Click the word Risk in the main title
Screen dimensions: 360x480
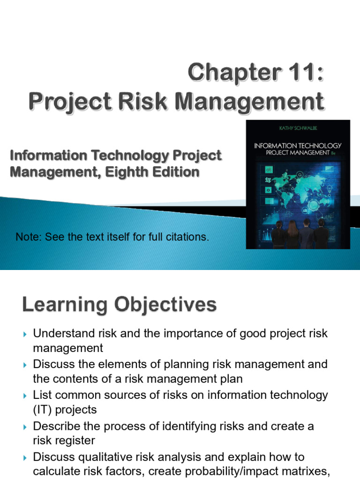(142, 102)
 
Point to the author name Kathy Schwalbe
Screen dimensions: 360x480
(298, 128)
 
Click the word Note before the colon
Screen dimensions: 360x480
(28, 237)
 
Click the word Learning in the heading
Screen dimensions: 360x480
(64, 305)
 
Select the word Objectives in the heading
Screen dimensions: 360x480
(165, 305)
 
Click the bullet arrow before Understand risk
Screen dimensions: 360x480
(25, 334)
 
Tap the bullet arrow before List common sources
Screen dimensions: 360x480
(25, 396)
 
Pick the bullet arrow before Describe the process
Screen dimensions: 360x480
(25, 427)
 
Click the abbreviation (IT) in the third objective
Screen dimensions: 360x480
(42, 410)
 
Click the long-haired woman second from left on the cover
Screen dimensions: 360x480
(292, 234)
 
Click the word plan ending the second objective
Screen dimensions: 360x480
(232, 379)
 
